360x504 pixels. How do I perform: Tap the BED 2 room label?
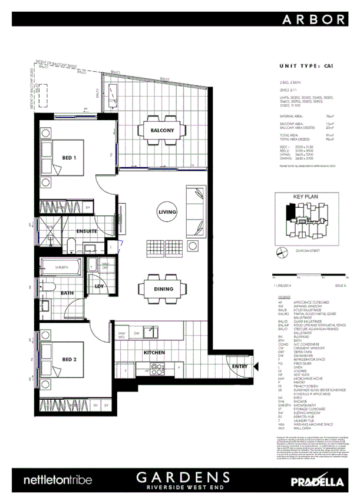click(x=70, y=359)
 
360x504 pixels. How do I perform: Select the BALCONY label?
click(x=161, y=130)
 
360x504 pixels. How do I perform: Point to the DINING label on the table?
click(x=164, y=289)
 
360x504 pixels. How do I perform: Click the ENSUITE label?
click(x=85, y=231)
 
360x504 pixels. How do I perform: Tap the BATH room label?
click(x=67, y=292)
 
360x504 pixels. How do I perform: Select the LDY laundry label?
click(x=99, y=287)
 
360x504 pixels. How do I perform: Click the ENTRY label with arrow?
click(x=223, y=366)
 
